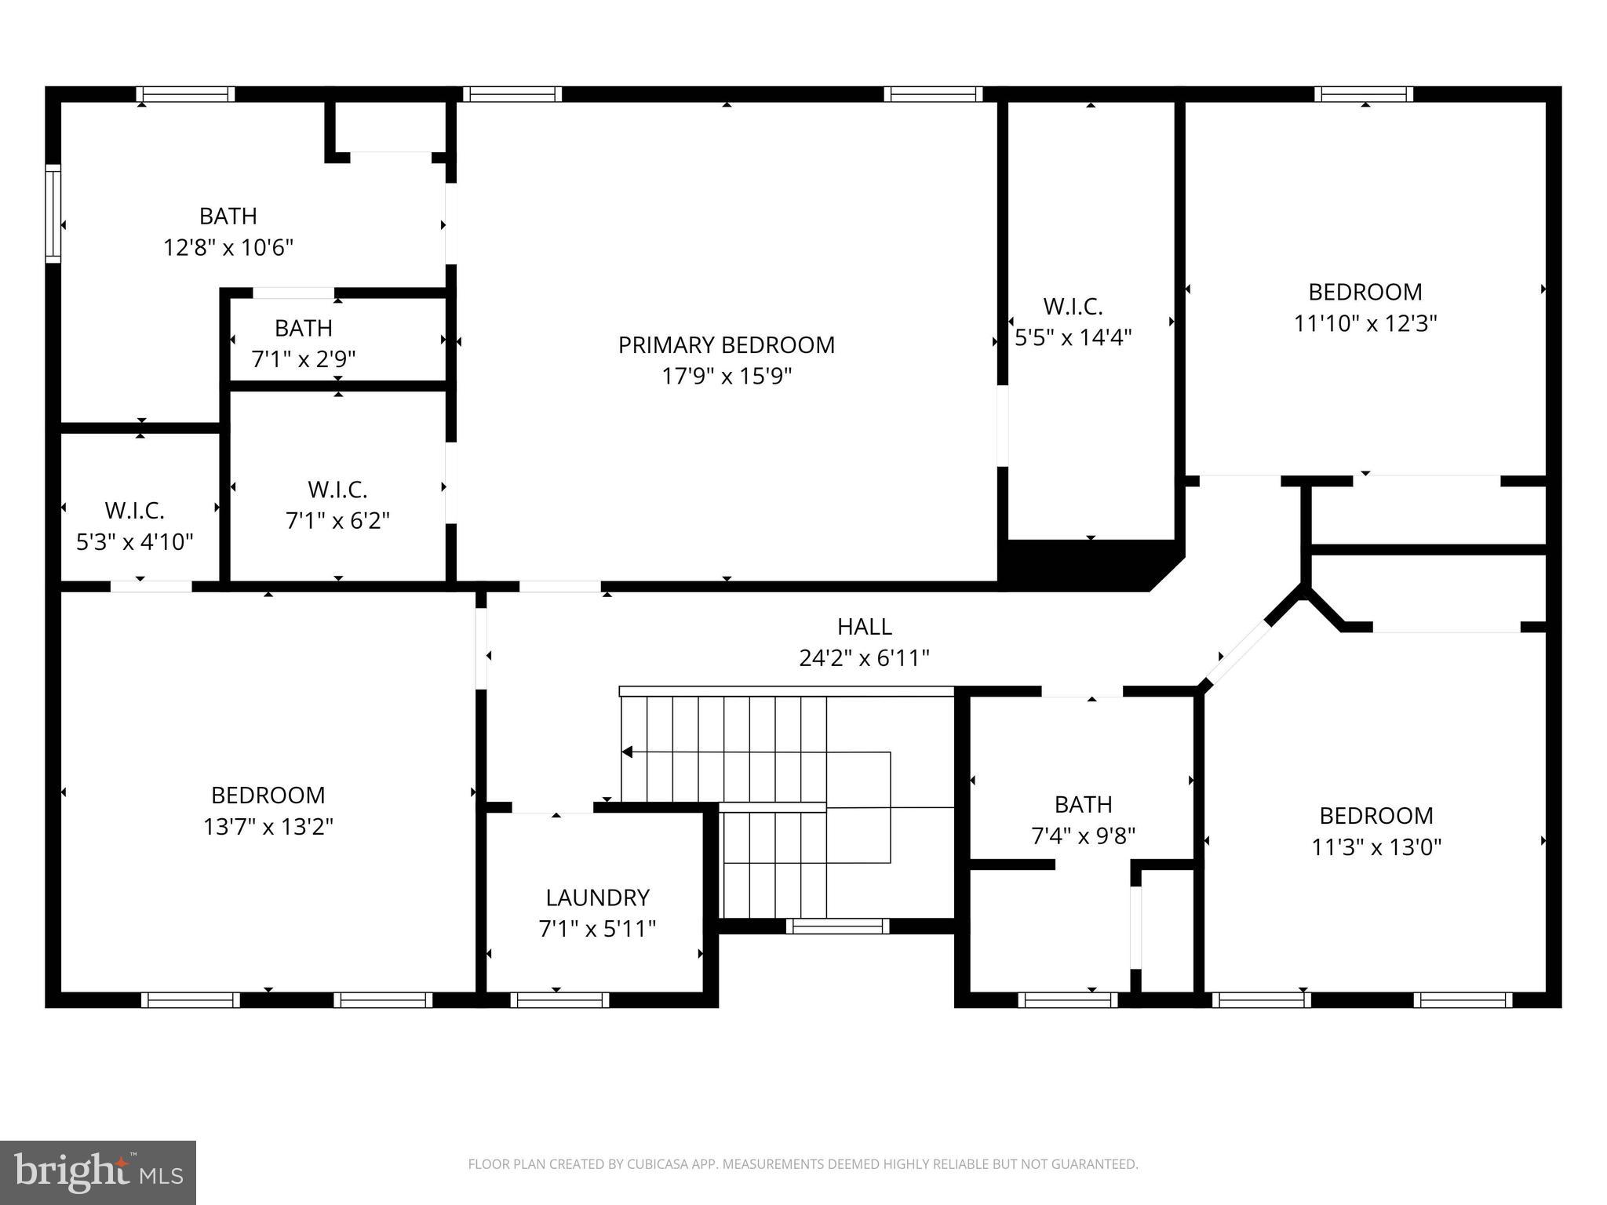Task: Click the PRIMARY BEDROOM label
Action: click(x=726, y=345)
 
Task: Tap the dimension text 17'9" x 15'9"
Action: click(x=726, y=377)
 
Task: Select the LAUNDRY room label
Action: click(x=597, y=897)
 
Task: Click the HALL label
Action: click(x=864, y=627)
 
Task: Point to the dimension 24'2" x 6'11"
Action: click(x=864, y=658)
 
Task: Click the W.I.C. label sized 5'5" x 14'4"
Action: click(x=1073, y=306)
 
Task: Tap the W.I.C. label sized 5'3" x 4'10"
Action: click(x=134, y=511)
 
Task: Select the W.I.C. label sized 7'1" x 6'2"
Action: click(x=337, y=490)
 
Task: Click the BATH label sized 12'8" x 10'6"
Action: click(x=228, y=216)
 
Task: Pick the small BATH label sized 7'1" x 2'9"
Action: click(x=303, y=328)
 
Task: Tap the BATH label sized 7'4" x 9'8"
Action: click(x=1083, y=805)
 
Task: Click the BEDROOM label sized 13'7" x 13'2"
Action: click(x=268, y=795)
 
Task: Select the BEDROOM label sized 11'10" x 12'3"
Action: click(x=1365, y=292)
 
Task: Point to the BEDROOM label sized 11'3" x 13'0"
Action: click(x=1376, y=816)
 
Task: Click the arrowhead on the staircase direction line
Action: click(x=627, y=752)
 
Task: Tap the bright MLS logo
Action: click(x=98, y=1172)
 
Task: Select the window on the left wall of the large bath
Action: click(x=53, y=213)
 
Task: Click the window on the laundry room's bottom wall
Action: click(x=559, y=1000)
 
